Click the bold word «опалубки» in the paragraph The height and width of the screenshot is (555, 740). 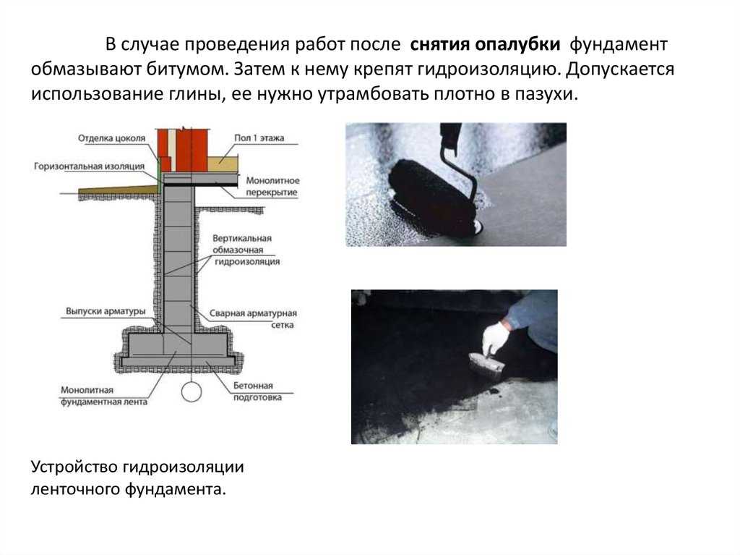pyautogui.click(x=517, y=44)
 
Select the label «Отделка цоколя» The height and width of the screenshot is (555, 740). pyautogui.click(x=112, y=138)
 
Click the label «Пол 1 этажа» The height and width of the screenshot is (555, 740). pyautogui.click(x=259, y=137)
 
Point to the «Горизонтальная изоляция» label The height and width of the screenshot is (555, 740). pyautogui.click(x=89, y=166)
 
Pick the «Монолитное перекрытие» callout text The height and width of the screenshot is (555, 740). pyautogui.click(x=272, y=186)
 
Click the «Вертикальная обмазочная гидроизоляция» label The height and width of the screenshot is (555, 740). pyautogui.click(x=246, y=250)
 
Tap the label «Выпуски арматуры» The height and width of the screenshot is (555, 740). pyautogui.click(x=106, y=311)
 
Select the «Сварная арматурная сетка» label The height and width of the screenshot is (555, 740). pyautogui.click(x=253, y=318)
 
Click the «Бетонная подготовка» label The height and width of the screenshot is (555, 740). pyautogui.click(x=257, y=391)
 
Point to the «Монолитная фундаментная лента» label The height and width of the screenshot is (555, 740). pyautogui.click(x=104, y=396)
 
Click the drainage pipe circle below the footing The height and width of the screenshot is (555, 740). pyautogui.click(x=191, y=392)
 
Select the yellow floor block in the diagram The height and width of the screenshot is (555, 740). pyautogui.click(x=223, y=164)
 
